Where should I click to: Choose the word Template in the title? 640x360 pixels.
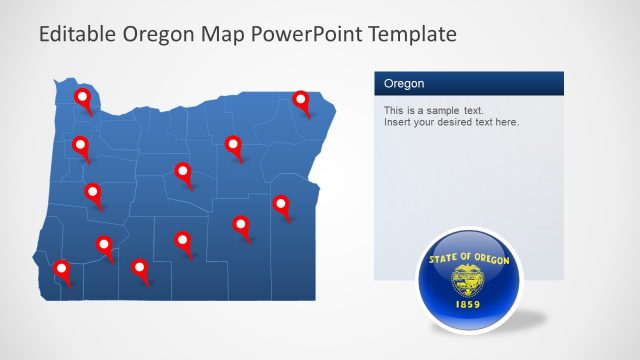coord(413,34)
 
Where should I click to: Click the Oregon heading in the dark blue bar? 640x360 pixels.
coord(404,84)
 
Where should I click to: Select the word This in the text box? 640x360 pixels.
coord(394,110)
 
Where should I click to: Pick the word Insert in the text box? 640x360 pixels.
coord(398,122)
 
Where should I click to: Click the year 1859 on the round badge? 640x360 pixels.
coord(467,303)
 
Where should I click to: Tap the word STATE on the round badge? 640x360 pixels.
coord(445,260)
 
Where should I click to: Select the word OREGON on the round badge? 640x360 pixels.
coord(490,260)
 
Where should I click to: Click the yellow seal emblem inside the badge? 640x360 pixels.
coord(467,279)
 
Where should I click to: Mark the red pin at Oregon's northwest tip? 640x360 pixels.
coord(82,99)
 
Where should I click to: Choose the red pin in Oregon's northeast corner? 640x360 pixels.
coord(301,100)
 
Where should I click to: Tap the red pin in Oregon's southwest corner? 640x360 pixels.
coord(62,270)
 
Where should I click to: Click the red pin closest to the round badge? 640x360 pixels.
coord(281,206)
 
